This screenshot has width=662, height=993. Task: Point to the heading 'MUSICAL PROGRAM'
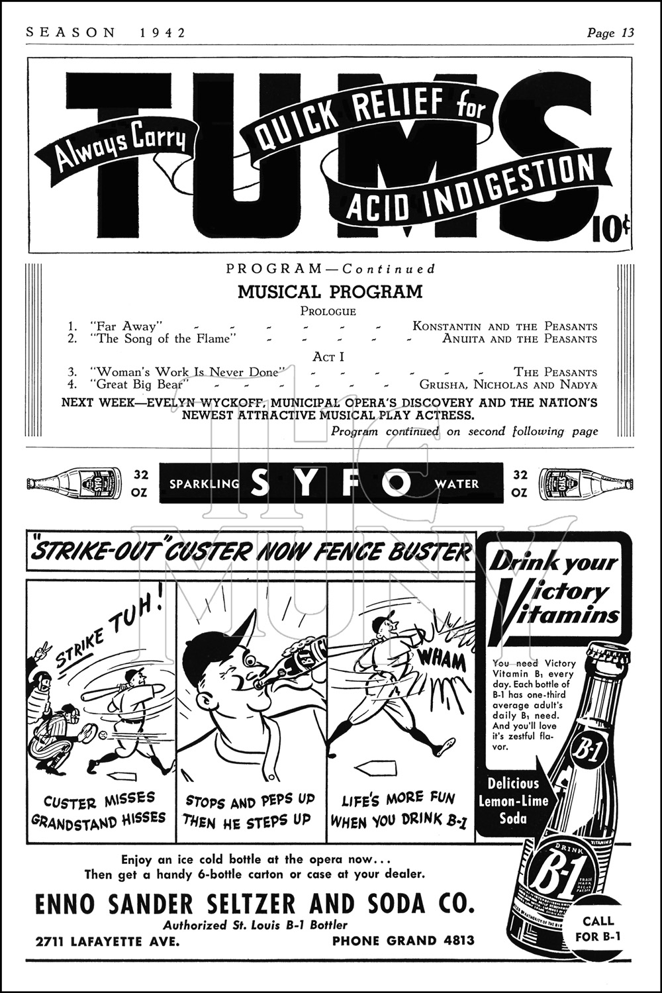click(330, 292)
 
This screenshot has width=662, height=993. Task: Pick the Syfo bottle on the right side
click(586, 484)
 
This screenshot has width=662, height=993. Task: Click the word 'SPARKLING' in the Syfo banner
click(205, 484)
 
